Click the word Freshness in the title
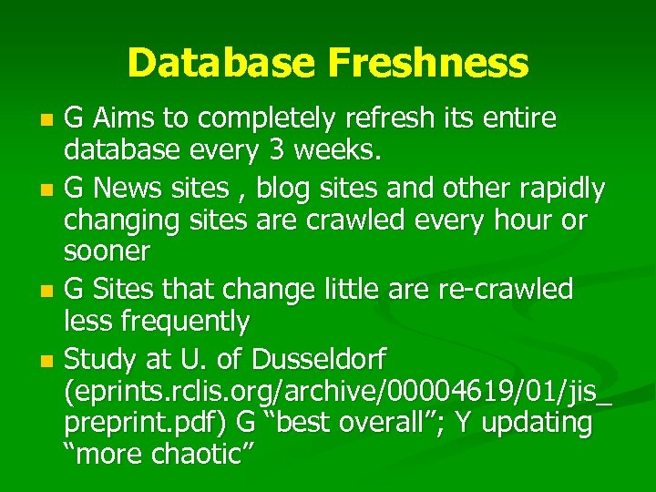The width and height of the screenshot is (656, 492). coord(427,63)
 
